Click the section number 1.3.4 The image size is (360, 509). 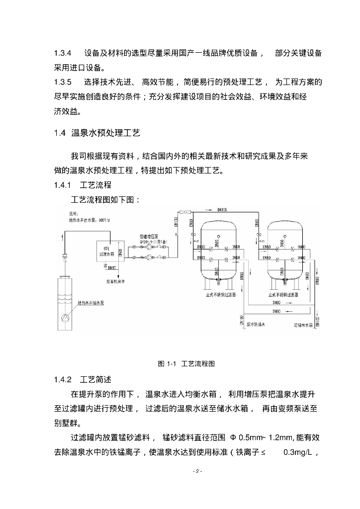point(63,53)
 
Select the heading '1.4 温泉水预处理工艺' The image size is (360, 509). point(97,133)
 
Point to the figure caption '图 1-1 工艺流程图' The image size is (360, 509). point(186,363)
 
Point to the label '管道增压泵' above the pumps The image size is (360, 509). point(150,238)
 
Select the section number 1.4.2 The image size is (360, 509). point(63,380)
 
